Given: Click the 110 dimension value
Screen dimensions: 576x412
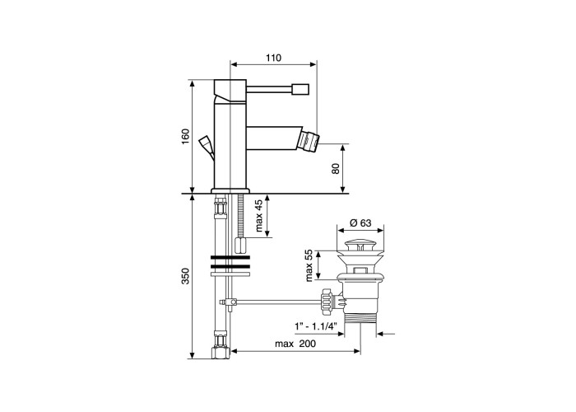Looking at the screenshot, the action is [x=273, y=58].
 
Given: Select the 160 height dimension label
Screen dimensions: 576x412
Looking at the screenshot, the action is [x=185, y=136].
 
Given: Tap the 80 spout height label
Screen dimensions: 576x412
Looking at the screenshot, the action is [x=336, y=168].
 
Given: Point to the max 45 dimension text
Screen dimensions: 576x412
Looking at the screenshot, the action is [x=259, y=216].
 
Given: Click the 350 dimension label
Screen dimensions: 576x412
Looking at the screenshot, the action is [x=185, y=276].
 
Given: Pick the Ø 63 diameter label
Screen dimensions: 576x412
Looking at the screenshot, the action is [x=360, y=222].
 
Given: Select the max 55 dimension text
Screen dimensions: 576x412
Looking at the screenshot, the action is [x=309, y=265].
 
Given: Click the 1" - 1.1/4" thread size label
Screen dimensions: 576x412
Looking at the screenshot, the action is [x=316, y=326].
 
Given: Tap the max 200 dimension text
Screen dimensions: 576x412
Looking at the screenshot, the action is [x=295, y=344].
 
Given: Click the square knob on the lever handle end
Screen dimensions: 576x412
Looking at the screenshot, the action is [x=300, y=89].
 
